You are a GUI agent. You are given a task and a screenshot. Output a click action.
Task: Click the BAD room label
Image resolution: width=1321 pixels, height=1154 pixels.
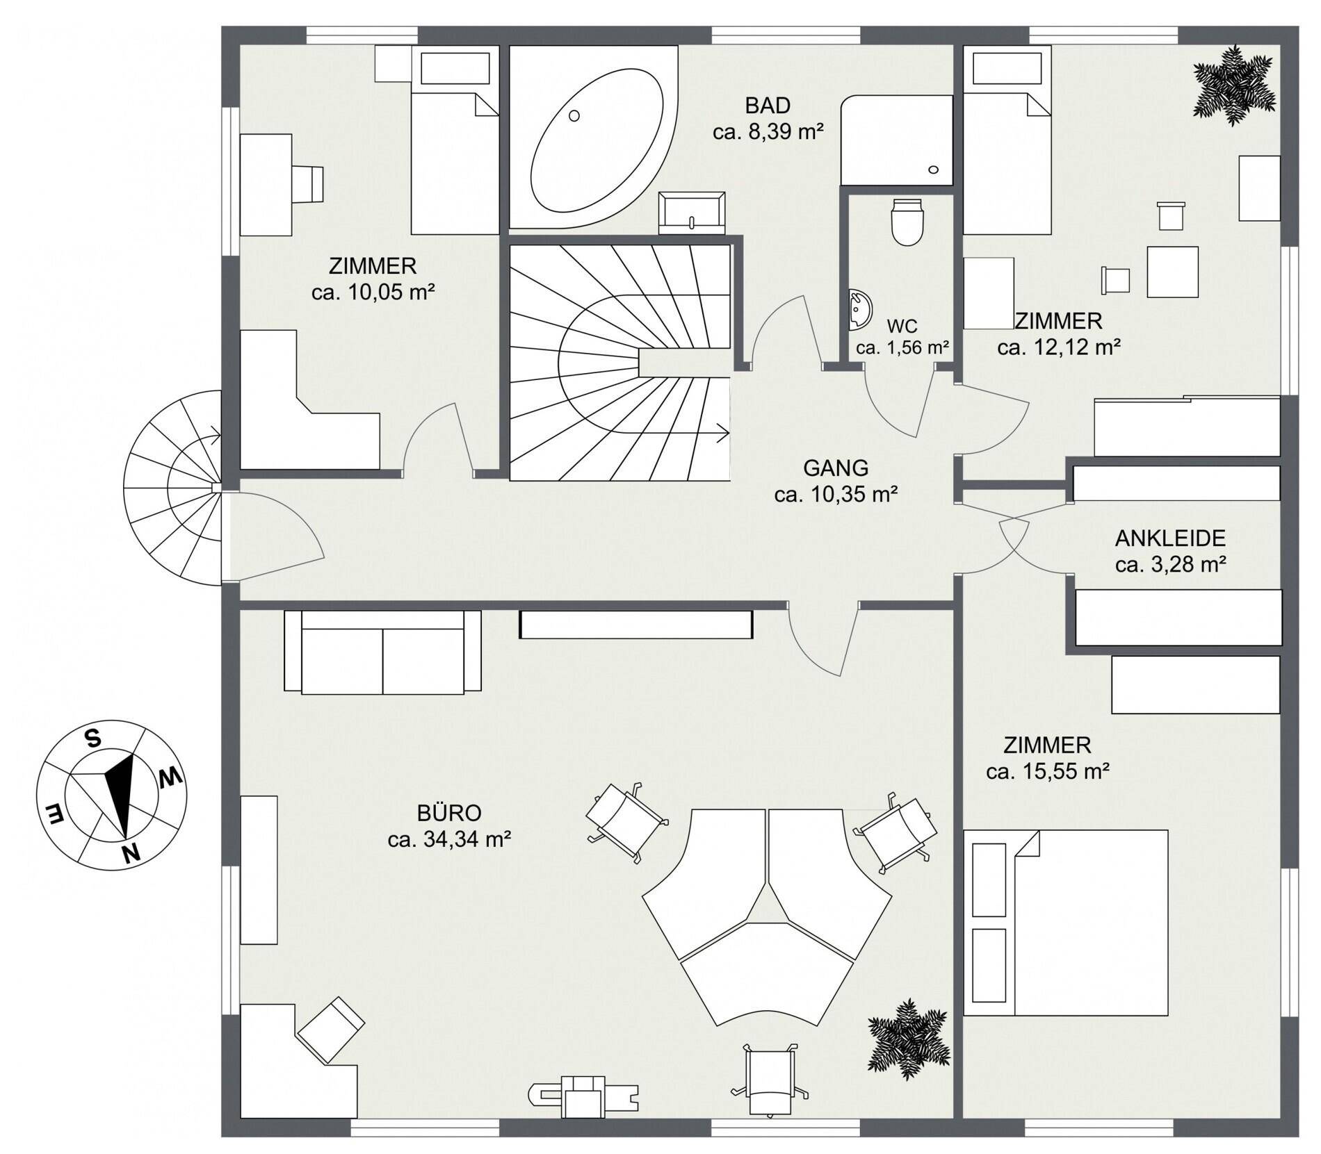pos(768,106)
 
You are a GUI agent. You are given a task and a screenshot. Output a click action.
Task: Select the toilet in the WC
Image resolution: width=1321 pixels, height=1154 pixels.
pos(907,222)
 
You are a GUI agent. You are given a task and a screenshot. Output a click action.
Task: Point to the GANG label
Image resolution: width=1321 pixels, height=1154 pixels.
pos(836,468)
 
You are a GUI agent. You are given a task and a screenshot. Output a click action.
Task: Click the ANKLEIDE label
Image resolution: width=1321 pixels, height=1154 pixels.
pos(1170,538)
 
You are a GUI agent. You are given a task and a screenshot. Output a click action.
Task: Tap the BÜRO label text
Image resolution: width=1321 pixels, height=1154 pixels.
pos(449,813)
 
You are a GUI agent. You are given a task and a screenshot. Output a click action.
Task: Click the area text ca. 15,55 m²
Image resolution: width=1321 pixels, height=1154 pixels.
pos(1047,771)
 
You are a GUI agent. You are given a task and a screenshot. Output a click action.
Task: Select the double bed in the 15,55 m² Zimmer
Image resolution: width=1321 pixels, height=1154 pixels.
pos(1066,923)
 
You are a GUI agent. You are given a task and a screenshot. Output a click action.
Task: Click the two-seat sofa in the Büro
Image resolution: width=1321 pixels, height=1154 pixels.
pos(382,652)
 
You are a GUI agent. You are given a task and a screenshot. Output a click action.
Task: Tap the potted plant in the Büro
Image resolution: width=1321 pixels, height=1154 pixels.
pos(909,1039)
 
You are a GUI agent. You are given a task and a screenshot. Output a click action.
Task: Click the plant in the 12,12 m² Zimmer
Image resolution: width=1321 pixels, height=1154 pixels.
pos(1235,85)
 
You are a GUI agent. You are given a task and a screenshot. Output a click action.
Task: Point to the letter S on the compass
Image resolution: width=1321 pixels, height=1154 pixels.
pos(92,739)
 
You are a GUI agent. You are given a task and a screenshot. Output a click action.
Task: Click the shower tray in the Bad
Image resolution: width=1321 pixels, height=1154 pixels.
pos(896,140)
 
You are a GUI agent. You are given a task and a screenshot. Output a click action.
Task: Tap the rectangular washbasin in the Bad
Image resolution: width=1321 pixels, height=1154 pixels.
pos(692,213)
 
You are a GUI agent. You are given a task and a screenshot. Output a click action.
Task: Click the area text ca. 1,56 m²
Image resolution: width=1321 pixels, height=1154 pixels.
pos(902,347)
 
